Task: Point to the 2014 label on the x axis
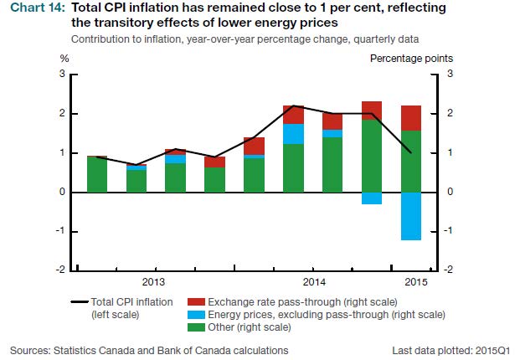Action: click(313, 281)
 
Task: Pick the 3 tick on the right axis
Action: click(450, 75)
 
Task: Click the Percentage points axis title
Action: click(412, 59)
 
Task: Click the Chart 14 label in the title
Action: click(37, 9)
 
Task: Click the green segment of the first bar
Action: click(97, 174)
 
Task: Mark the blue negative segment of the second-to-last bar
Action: click(371, 198)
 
